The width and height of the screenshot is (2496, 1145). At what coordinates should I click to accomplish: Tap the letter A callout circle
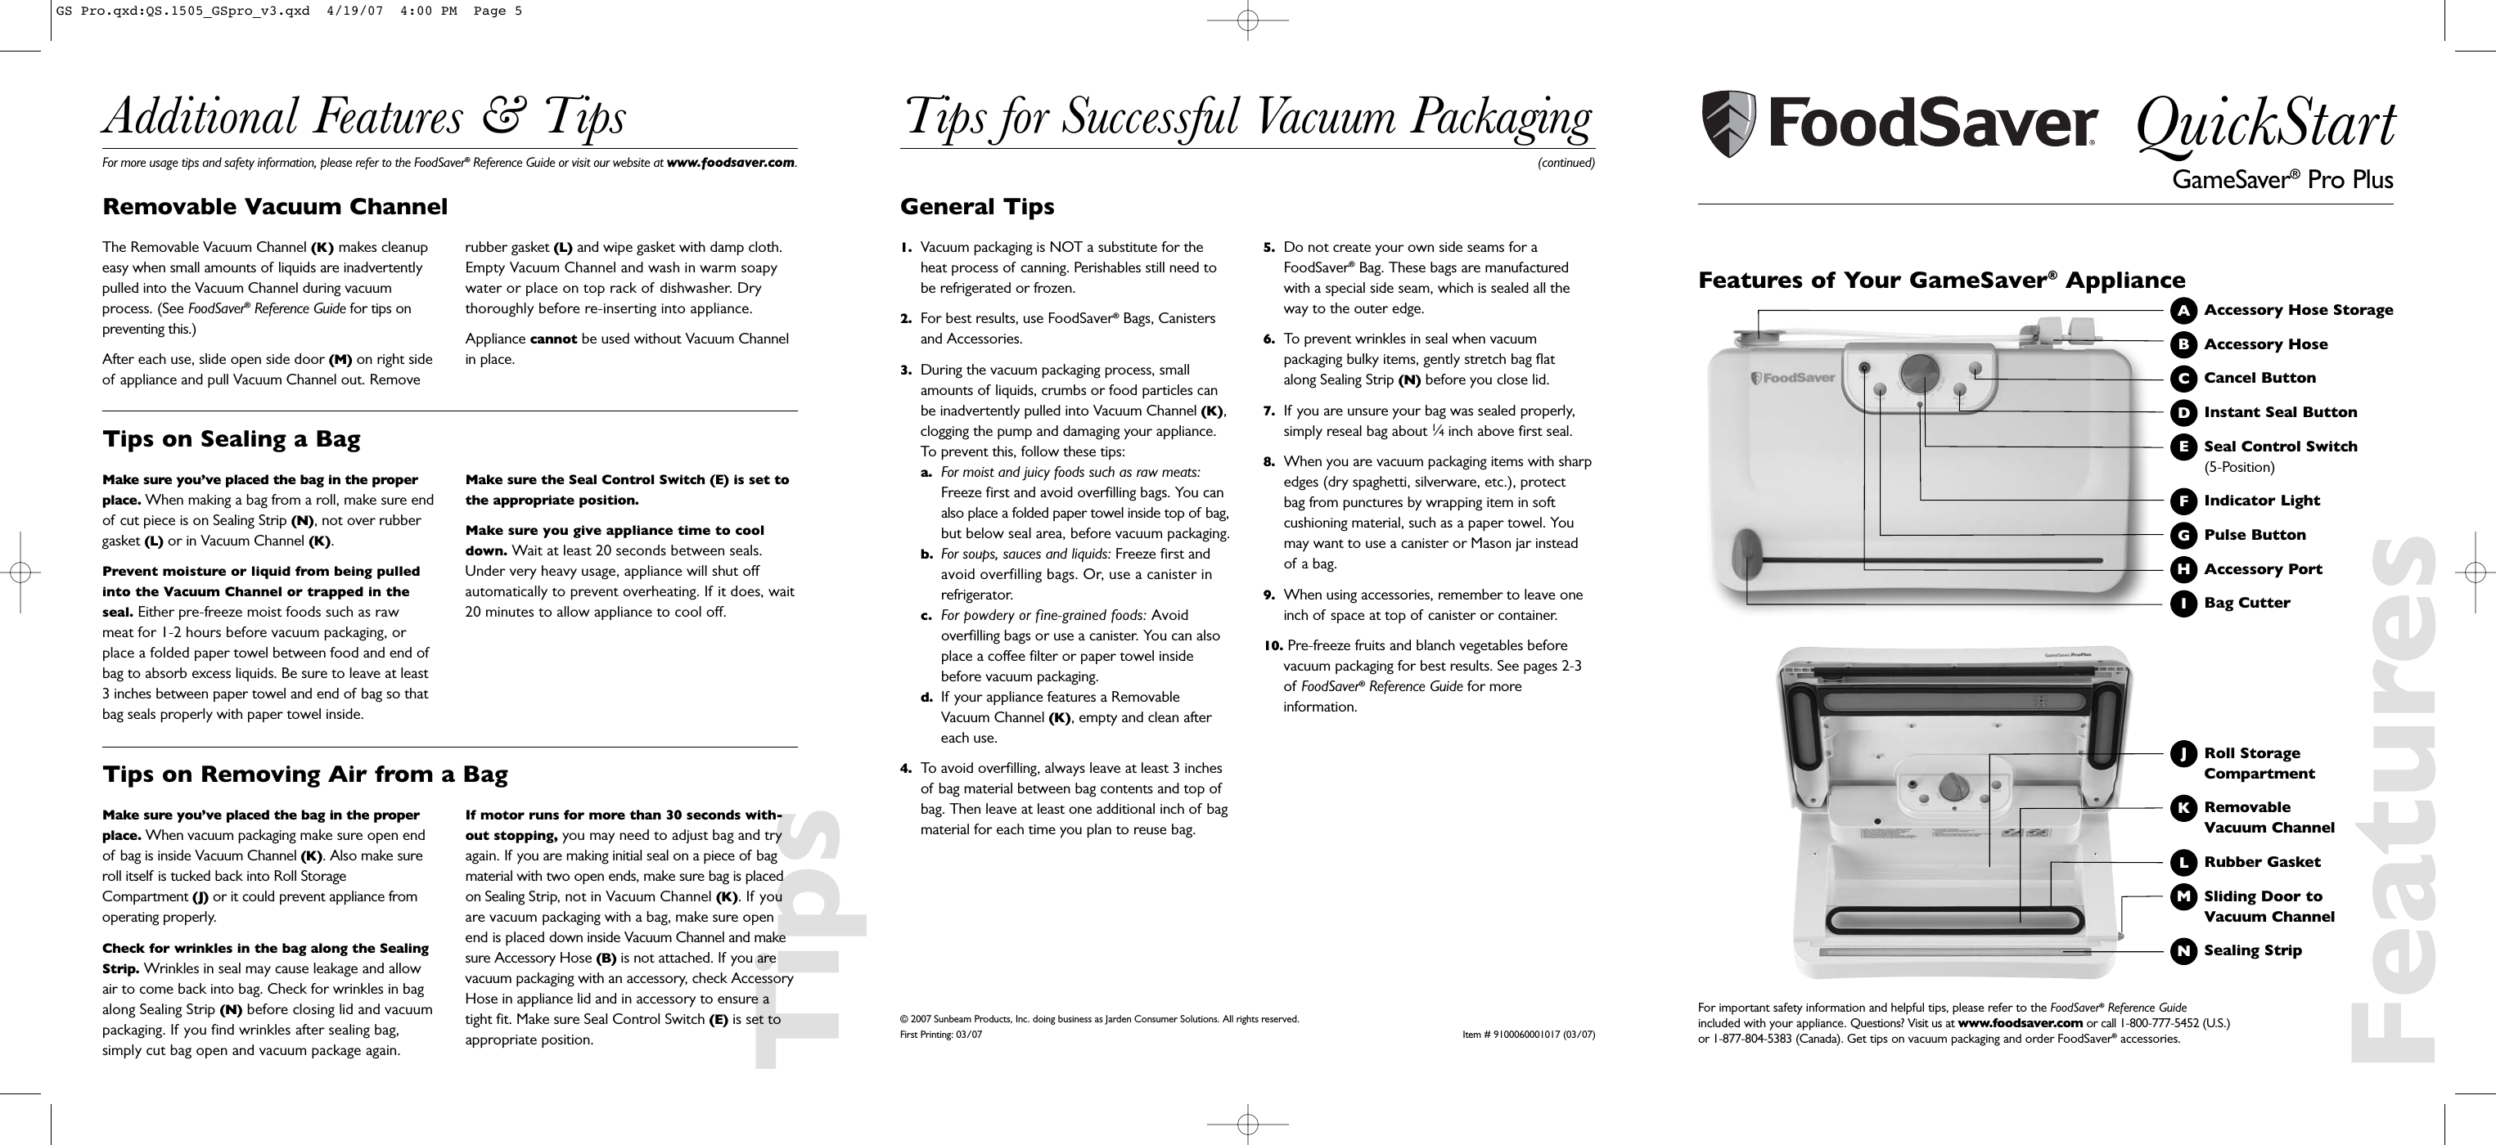point(2183,310)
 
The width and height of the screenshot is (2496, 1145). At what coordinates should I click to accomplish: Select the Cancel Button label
point(2259,378)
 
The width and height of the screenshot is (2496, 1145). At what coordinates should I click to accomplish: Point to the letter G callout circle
point(2183,535)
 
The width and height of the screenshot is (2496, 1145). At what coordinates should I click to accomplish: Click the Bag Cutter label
point(2247,603)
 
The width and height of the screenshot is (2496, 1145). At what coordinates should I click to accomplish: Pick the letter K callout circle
point(2183,808)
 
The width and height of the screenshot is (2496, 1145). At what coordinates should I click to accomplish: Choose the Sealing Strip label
point(2252,950)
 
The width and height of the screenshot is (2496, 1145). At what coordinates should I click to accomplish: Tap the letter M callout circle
point(2183,897)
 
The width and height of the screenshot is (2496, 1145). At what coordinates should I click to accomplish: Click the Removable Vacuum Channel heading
point(275,206)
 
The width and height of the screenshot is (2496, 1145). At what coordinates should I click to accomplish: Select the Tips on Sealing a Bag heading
point(232,439)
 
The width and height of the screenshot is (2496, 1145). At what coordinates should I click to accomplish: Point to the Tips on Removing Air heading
point(305,774)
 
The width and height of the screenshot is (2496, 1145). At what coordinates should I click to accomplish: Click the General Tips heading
point(976,206)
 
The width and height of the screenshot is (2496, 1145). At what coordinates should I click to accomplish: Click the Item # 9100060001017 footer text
point(1528,1035)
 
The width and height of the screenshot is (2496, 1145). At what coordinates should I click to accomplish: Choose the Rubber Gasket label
point(2261,862)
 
